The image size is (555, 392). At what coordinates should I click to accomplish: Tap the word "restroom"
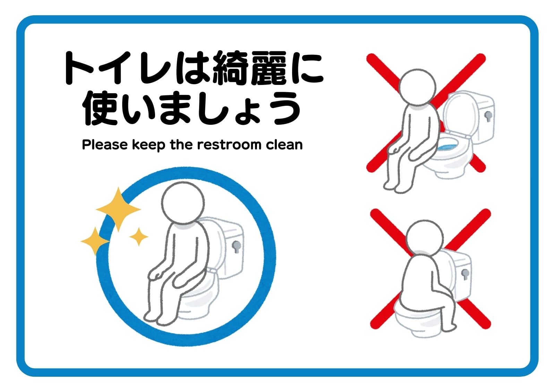point(229,145)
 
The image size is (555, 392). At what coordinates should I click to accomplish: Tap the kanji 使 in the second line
point(100,108)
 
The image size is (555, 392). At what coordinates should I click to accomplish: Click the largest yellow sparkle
point(118,209)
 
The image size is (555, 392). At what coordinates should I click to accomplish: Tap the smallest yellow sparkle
point(139,237)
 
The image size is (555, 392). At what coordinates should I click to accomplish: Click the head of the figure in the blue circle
point(183,203)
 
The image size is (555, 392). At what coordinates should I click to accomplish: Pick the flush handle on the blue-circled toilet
point(236,247)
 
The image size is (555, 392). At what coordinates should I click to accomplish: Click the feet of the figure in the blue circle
point(159,318)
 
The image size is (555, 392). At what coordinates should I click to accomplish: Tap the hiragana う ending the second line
point(287,108)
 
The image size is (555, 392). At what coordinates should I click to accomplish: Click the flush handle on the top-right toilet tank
point(488,116)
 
